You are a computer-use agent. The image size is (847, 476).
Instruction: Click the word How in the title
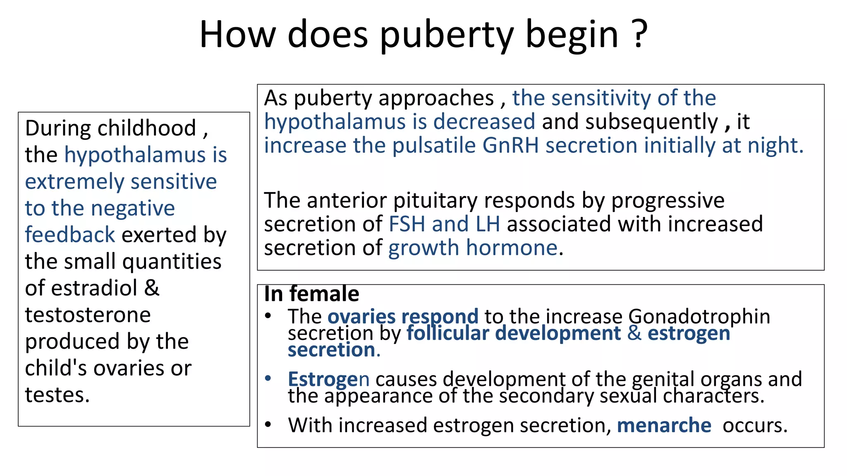pos(237,35)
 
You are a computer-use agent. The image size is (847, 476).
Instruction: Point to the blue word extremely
pos(74,182)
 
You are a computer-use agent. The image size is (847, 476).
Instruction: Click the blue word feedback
pos(70,235)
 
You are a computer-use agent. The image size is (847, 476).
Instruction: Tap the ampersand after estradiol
pos(152,288)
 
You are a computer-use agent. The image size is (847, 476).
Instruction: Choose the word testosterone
pos(88,315)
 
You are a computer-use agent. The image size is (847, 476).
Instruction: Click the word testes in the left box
pos(57,395)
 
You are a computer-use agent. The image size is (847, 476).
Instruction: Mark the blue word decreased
pos(484,122)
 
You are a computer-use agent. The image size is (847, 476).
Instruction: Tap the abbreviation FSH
pos(407,224)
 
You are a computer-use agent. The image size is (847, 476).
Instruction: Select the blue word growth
pos(423,248)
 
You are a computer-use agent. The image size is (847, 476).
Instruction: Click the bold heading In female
pos(311,294)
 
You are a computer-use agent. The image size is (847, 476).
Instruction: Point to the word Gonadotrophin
pos(699,317)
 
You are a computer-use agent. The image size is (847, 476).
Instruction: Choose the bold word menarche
pos(664,426)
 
